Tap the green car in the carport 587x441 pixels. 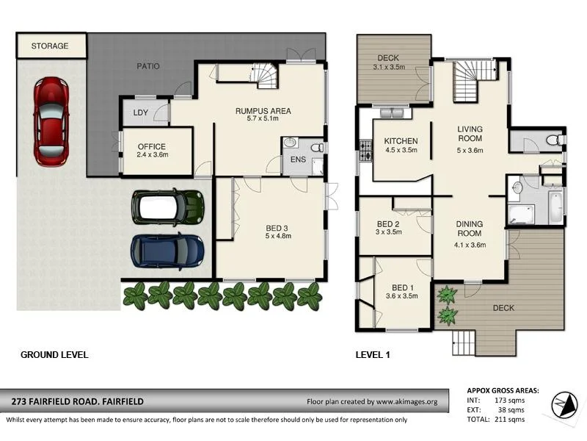click(167, 207)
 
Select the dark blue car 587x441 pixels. click(167, 251)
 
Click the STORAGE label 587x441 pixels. click(50, 46)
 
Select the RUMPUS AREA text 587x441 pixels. click(263, 112)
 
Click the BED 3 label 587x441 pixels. click(278, 227)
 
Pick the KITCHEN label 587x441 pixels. click(401, 141)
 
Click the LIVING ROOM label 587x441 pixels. click(470, 134)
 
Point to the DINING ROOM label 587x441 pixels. click(470, 228)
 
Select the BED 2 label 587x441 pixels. click(387, 224)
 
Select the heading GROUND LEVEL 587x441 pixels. click(54, 355)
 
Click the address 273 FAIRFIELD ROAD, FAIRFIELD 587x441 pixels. click(77, 401)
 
